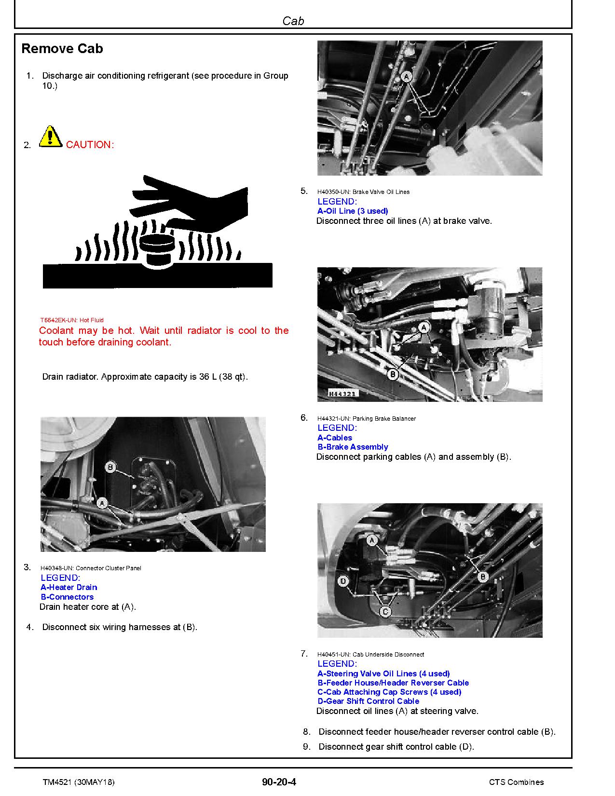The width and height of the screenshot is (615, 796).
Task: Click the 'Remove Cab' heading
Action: [62, 49]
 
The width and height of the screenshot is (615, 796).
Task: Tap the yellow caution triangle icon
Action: [50, 137]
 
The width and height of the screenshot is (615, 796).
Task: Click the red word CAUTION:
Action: [90, 145]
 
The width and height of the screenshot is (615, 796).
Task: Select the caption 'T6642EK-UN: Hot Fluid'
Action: [71, 320]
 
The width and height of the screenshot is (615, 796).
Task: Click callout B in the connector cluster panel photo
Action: [110, 467]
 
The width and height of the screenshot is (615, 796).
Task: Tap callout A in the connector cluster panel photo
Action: [101, 503]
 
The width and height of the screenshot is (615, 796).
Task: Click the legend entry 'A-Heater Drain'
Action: [68, 587]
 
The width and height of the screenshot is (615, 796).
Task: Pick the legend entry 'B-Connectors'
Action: [67, 597]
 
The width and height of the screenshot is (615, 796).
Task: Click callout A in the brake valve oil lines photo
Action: [407, 76]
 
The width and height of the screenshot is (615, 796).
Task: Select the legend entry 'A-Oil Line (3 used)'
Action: [353, 211]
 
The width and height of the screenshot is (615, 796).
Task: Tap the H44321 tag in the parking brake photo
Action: [342, 394]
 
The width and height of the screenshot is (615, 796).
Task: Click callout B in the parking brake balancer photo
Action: [393, 374]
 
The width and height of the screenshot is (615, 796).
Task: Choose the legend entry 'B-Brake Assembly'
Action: [353, 447]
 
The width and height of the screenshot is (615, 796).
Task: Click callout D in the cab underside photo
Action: [343, 581]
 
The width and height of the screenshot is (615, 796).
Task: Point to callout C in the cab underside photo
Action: [385, 612]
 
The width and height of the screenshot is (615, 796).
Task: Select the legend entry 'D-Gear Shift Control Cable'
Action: [368, 701]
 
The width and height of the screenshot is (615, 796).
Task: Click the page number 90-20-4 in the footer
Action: [279, 782]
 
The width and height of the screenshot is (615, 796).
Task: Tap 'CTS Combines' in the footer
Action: [516, 782]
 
